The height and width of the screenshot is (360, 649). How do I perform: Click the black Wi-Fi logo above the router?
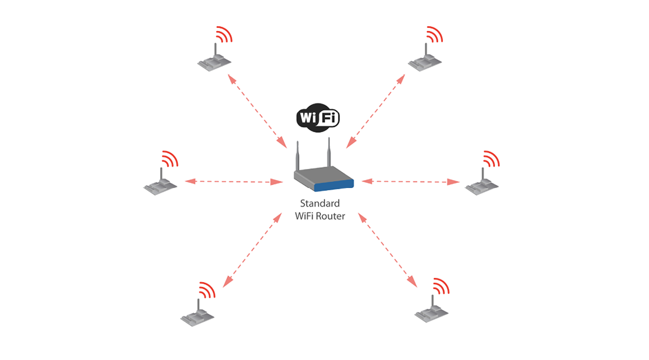click(x=318, y=117)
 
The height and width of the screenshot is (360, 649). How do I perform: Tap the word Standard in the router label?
click(x=320, y=203)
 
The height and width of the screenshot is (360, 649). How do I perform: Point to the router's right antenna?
click(x=329, y=152)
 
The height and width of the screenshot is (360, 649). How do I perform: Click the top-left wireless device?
click(x=214, y=58)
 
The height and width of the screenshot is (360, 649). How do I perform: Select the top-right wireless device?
click(x=425, y=58)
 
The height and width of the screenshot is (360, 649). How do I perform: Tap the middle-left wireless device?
click(x=161, y=182)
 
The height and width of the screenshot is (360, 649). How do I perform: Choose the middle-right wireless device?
click(x=482, y=182)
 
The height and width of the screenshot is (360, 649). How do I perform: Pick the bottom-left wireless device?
click(x=198, y=313)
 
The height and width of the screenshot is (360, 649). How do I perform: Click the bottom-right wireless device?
click(x=432, y=309)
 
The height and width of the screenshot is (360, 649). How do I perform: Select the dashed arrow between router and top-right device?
click(x=376, y=111)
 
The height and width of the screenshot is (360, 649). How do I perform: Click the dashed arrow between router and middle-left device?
click(x=234, y=181)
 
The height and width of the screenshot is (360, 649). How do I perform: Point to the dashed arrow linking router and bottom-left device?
click(x=252, y=250)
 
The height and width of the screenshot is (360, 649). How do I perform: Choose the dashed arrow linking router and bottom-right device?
click(x=388, y=250)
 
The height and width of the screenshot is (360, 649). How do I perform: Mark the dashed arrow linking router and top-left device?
click(x=257, y=111)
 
